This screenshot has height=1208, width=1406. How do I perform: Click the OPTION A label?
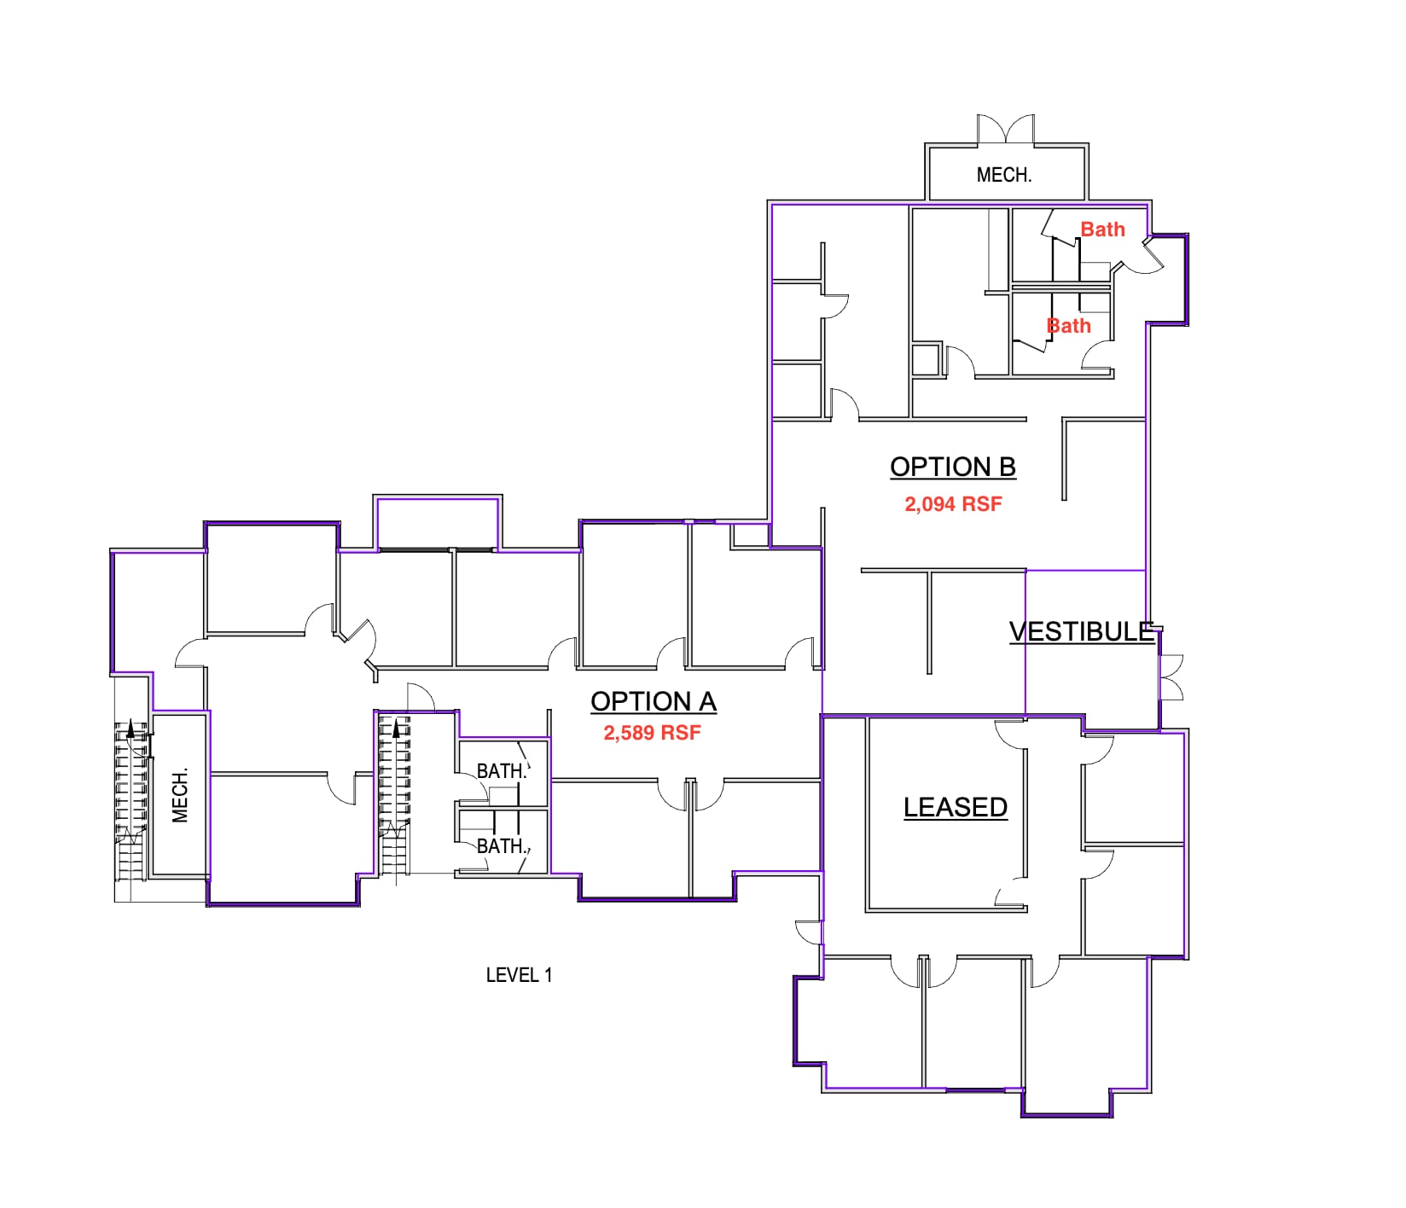pos(653,701)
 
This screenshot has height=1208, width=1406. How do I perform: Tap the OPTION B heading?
pos(952,467)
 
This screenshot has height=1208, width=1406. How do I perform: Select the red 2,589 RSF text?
pos(652,733)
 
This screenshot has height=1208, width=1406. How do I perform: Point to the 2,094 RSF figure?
pos(953,504)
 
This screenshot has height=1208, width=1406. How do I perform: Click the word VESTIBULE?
pos(1081,631)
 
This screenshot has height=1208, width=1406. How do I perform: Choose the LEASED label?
pos(955,807)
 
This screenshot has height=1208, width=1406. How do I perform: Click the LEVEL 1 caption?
pos(519,975)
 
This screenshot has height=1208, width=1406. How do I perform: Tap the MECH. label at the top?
pos(1003,175)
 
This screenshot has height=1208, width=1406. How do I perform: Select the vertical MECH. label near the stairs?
pos(180,796)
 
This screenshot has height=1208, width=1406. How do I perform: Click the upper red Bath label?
pos(1102,229)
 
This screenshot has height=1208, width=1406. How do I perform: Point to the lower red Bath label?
pos(1068,326)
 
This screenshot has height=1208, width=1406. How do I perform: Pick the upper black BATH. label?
pos(501,771)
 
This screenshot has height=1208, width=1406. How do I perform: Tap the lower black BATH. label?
pos(501,846)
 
